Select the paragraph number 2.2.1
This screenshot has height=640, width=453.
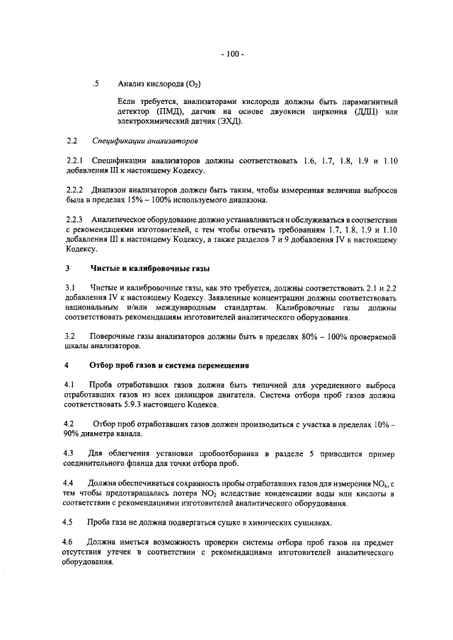click(x=74, y=163)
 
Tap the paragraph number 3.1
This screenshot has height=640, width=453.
click(x=69, y=289)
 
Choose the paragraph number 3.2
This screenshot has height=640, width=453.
click(x=69, y=337)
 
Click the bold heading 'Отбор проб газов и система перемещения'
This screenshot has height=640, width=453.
click(x=170, y=366)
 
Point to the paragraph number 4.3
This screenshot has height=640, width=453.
click(x=69, y=453)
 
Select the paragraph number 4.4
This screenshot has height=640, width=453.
click(x=69, y=482)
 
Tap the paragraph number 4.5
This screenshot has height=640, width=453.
click(x=69, y=521)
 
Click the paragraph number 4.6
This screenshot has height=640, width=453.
click(x=69, y=541)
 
